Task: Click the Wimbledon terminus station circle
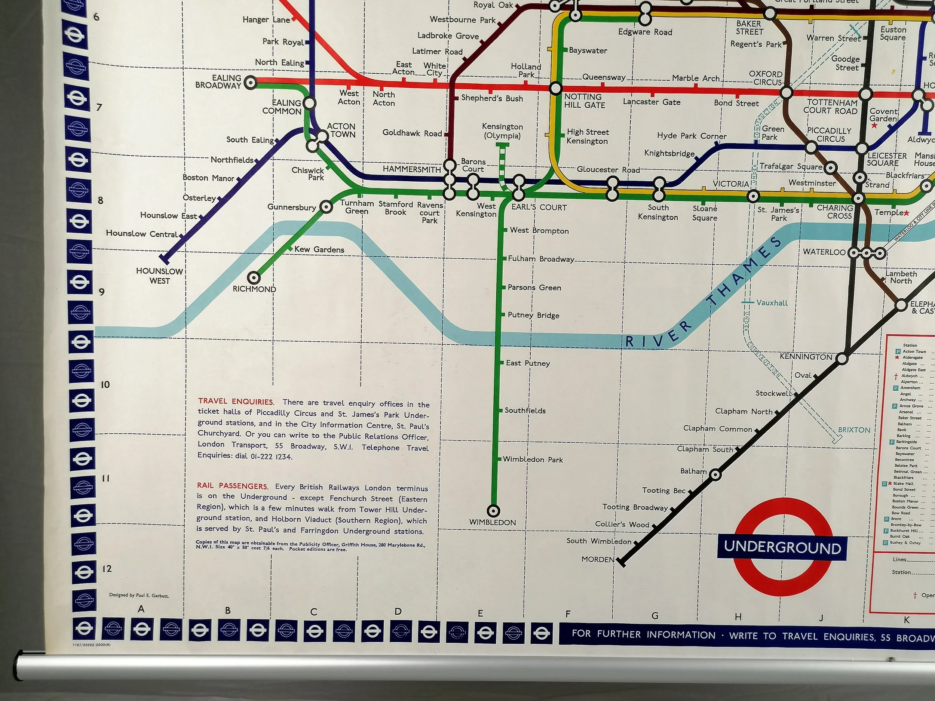click(x=493, y=511)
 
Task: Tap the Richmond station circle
click(x=254, y=278)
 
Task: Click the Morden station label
click(x=598, y=559)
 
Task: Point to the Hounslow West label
click(x=159, y=276)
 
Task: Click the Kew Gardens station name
click(x=319, y=249)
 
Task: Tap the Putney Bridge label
click(x=533, y=315)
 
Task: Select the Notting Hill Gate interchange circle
click(x=555, y=88)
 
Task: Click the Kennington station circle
click(x=842, y=359)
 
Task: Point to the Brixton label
click(x=854, y=430)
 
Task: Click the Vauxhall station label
click(x=772, y=302)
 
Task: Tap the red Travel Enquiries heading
click(x=236, y=402)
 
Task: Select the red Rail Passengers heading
click(x=232, y=486)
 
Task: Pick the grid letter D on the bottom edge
click(x=398, y=611)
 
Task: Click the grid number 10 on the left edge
click(x=105, y=384)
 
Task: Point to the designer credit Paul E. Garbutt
click(x=139, y=595)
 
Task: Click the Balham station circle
click(x=715, y=474)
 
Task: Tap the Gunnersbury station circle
click(x=326, y=207)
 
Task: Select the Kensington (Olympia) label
click(x=502, y=131)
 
